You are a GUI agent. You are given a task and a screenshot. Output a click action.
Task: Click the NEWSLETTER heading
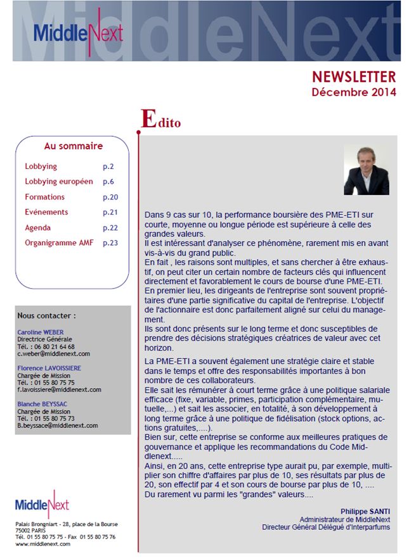[x=353, y=77]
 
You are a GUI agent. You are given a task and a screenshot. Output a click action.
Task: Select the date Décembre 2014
[x=353, y=92]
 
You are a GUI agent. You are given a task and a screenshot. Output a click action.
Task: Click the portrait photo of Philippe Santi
[x=366, y=171]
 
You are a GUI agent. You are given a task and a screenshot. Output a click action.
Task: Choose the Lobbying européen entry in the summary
[x=58, y=182]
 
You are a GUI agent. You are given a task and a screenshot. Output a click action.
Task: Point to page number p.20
[x=110, y=197]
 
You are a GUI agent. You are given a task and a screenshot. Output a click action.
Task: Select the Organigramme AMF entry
[x=58, y=242]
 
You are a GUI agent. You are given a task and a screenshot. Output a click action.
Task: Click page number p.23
[x=110, y=242]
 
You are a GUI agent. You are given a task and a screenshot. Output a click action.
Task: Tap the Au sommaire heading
[x=73, y=146]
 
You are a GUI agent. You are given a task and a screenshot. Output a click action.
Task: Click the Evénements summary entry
[x=46, y=212]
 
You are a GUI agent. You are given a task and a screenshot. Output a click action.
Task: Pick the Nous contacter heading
[x=47, y=315]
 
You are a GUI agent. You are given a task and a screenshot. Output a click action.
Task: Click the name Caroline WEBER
[x=41, y=332]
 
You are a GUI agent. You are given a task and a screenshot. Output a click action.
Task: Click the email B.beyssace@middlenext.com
[x=58, y=425]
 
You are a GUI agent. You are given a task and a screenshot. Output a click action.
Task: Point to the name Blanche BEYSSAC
[x=44, y=403]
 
